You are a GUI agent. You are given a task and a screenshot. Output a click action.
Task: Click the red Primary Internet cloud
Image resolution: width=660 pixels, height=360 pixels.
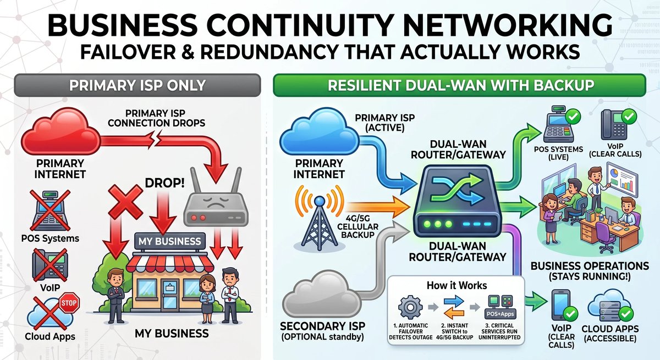point(61,131)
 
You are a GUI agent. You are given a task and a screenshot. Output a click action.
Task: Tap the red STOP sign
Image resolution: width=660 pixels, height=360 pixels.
point(69,303)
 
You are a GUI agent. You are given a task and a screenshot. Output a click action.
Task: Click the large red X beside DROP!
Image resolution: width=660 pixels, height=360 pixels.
point(125,202)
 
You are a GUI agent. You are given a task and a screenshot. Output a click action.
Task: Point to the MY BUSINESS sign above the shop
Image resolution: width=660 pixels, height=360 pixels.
point(170,241)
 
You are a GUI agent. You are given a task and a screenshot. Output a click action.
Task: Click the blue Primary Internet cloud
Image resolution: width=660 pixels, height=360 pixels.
point(320,131)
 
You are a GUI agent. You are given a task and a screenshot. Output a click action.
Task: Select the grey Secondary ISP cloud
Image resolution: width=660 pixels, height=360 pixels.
point(322,296)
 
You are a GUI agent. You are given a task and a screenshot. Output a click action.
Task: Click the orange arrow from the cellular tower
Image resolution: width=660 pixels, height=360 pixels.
point(378,207)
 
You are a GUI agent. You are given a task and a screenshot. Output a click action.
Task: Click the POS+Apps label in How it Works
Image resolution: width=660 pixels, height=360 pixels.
point(500,314)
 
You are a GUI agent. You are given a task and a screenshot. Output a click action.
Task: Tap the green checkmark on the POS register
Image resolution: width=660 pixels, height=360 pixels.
point(573,117)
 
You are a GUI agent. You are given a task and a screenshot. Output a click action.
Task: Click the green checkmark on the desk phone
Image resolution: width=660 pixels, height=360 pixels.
point(629,117)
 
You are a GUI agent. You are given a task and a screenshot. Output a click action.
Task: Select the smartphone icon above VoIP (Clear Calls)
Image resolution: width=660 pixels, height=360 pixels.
point(560,304)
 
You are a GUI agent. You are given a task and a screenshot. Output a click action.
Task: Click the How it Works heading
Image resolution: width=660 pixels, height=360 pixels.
point(457,285)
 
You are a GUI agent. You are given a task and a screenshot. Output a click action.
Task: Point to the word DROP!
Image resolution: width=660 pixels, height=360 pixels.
point(164,183)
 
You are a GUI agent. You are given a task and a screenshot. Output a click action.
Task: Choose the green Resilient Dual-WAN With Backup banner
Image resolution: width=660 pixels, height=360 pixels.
point(460,85)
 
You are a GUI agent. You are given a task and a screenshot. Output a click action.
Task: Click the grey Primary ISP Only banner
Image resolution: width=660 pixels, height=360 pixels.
point(137,85)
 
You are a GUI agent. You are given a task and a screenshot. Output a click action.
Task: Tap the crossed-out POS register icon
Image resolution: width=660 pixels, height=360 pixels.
point(50,210)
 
